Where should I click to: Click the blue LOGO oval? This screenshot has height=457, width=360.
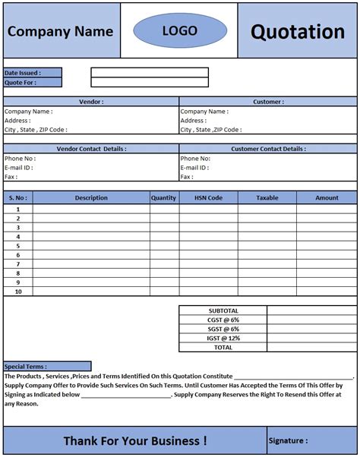tap(179, 31)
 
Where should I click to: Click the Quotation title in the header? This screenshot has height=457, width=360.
tap(298, 32)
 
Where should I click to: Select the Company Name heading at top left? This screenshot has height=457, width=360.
tap(60, 32)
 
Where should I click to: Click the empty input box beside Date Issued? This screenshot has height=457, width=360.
tap(150, 73)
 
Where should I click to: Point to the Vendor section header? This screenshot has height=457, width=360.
tap(91, 101)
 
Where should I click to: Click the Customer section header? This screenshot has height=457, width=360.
tap(268, 101)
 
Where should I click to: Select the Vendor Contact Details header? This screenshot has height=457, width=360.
tap(91, 149)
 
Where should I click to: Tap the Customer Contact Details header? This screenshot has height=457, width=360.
tap(268, 149)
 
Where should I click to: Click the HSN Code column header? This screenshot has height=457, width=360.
tap(208, 197)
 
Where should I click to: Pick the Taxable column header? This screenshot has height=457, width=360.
tap(267, 197)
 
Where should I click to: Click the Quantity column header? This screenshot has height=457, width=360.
tap(163, 197)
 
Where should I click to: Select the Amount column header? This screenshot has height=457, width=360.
tap(327, 197)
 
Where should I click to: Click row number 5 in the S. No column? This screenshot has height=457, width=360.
tap(17, 245)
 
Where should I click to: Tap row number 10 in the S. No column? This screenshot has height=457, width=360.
tap(17, 292)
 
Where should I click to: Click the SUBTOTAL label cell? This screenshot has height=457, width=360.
tap(223, 310)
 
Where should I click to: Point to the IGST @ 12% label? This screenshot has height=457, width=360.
tap(223, 338)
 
